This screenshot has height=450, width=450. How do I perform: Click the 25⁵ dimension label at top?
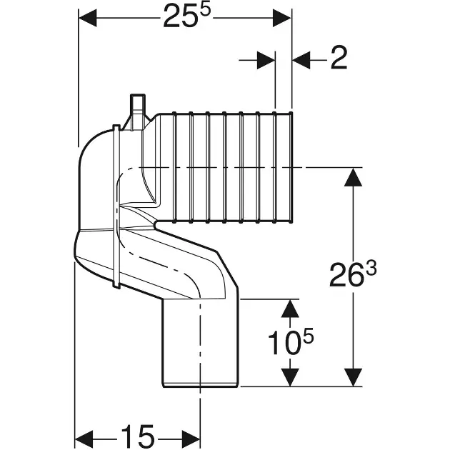[x=187, y=16]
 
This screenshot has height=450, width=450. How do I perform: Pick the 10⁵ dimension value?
[x=291, y=341]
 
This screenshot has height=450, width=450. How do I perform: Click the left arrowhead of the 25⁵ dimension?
[x=88, y=18]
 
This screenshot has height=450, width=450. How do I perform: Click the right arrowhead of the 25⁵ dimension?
[x=282, y=18]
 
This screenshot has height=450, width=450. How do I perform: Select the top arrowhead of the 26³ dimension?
[x=353, y=177]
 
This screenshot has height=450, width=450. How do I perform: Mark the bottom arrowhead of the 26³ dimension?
[x=353, y=377]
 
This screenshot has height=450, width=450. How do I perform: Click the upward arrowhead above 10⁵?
[x=290, y=309]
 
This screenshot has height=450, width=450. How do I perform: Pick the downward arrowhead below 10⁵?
[x=290, y=377]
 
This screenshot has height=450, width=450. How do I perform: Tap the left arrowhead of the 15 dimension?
[x=84, y=439]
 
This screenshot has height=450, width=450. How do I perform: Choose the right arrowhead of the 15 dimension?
[x=191, y=439]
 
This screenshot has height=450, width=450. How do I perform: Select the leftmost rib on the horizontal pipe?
[x=174, y=167]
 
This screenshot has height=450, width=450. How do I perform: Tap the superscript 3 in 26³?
[x=371, y=269]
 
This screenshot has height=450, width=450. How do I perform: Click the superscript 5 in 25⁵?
[x=206, y=10]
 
